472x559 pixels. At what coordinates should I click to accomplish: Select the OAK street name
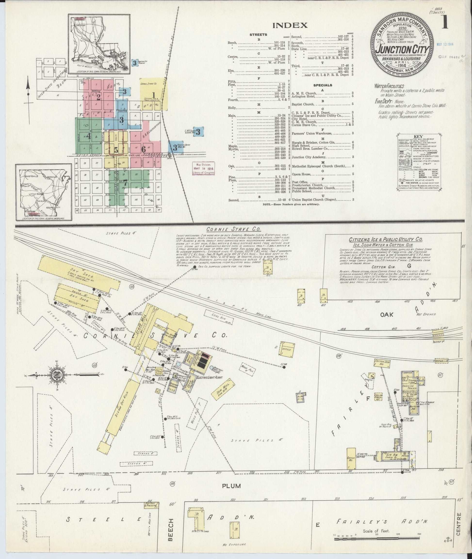(x=387, y=315)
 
